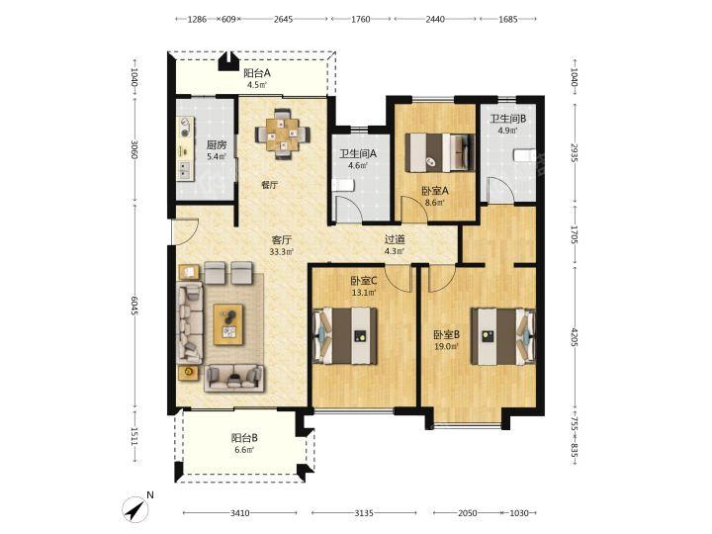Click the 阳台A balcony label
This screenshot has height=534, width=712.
coord(257,72)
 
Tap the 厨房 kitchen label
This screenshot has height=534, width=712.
coord(217,145)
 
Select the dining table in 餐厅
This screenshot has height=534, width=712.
coord(283,133)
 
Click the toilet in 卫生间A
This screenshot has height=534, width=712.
coord(343,186)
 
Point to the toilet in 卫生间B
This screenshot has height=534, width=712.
coord(525,155)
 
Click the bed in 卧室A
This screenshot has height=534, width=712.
coord(439,152)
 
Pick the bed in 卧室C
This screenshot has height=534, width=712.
coord(345,335)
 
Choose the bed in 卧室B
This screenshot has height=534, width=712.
coord(503,336)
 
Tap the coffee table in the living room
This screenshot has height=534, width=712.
coord(228,324)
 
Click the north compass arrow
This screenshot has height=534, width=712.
coord(137,508)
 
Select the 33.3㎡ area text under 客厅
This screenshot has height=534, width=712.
coord(282,251)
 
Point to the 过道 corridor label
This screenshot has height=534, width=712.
coord(395,239)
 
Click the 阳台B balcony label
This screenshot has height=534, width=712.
coord(244,438)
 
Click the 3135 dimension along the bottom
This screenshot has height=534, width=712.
coord(364,513)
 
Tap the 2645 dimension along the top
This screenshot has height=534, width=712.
coord(284,19)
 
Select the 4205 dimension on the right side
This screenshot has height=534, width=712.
coord(574,337)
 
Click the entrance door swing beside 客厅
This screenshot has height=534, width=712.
coord(185,231)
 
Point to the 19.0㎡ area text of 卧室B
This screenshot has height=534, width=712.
coord(446,346)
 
